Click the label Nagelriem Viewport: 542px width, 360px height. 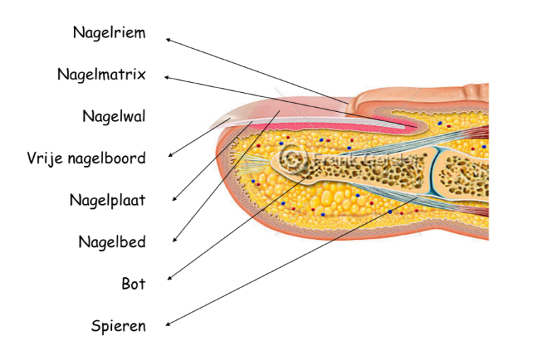(x=109, y=33)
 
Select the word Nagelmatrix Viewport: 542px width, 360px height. (x=102, y=75)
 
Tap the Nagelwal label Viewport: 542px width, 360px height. (x=114, y=117)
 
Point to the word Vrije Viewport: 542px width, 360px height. (x=45, y=159)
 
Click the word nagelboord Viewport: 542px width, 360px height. (x=107, y=159)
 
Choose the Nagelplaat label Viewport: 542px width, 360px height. (x=107, y=201)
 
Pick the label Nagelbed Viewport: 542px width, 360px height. (x=112, y=242)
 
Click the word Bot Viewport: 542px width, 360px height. (x=134, y=284)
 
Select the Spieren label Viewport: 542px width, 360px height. (x=119, y=327)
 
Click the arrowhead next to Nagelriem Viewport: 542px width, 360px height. (x=168, y=40)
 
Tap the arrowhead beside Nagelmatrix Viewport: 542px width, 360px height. (x=166, y=77)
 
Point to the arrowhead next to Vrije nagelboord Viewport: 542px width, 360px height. (x=170, y=155)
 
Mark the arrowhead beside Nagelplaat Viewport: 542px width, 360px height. (x=174, y=199)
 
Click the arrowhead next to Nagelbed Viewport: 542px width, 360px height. (x=174, y=239)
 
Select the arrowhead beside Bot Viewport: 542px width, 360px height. (x=170, y=278)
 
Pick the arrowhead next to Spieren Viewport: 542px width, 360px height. (x=168, y=324)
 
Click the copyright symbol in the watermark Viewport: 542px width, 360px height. (x=293, y=159)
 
